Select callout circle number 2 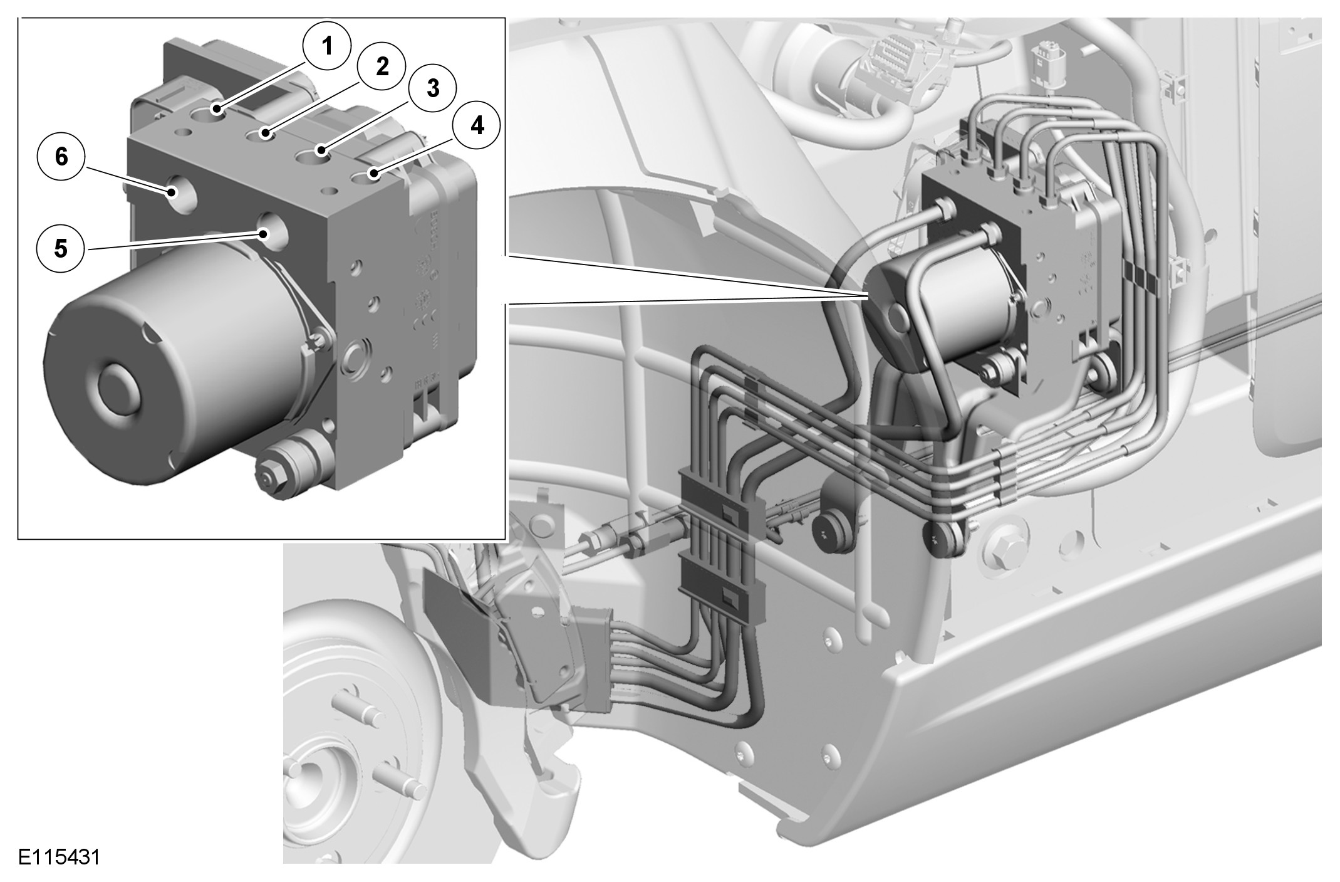pyautogui.click(x=382, y=66)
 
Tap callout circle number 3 pyautogui.click(x=433, y=88)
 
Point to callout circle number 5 pyautogui.click(x=60, y=249)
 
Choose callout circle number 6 pyautogui.click(x=61, y=157)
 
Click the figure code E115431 pyautogui.click(x=59, y=856)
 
